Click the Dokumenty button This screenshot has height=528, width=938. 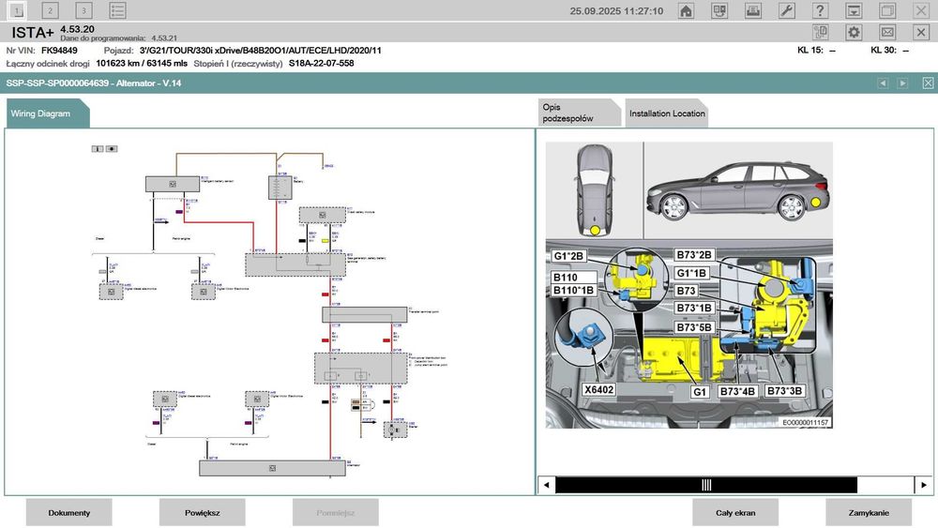(68, 512)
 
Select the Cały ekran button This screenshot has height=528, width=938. (735, 512)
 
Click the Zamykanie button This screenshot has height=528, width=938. (869, 512)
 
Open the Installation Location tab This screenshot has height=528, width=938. (666, 113)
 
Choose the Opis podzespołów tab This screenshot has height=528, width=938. (578, 113)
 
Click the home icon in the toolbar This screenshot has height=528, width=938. (687, 11)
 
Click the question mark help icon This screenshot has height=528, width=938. (820, 11)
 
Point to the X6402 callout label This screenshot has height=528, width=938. (598, 390)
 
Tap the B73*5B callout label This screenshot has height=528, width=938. (695, 327)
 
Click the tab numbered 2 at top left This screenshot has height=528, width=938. (51, 11)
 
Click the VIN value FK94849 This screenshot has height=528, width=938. (60, 50)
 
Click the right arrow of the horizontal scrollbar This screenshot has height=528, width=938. (925, 485)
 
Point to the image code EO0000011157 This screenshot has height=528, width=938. (806, 423)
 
